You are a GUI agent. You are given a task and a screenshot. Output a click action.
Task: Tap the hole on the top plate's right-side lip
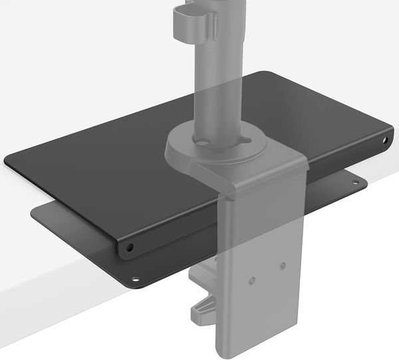[386, 140]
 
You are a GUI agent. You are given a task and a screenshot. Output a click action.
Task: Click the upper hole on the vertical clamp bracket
[283, 266]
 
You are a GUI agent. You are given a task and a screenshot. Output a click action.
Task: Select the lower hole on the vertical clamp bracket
[252, 280]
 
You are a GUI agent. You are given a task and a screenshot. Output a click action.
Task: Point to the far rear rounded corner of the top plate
[266, 73]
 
